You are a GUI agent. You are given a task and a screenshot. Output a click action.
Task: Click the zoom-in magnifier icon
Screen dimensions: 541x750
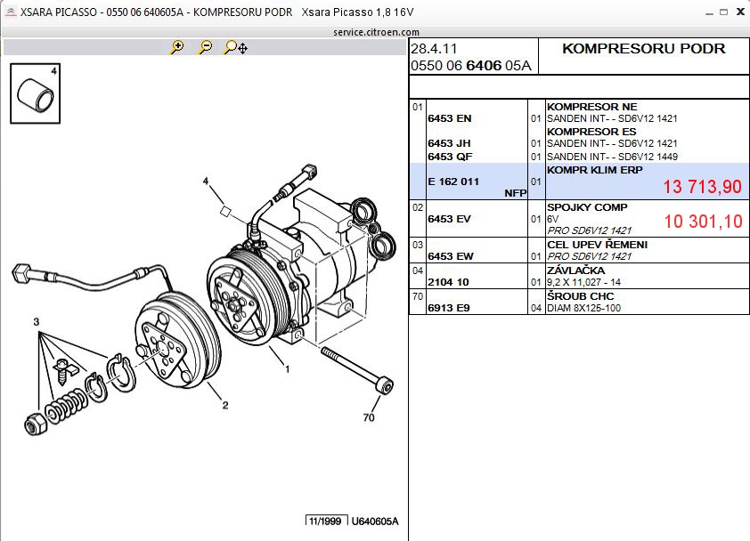(177, 47)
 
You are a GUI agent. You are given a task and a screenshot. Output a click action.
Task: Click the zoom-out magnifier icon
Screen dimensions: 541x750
(205, 47)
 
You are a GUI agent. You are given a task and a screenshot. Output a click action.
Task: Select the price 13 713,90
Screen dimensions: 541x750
(702, 186)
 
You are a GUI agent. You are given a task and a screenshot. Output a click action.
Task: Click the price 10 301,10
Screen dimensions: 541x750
(702, 222)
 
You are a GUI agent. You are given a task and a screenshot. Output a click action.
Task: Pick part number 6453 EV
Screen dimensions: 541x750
(449, 219)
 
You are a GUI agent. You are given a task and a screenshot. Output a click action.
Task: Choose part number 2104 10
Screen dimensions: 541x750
(449, 282)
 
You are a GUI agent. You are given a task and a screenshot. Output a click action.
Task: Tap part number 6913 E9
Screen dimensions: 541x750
(449, 308)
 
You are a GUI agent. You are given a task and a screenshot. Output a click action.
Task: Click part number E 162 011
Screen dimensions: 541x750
(453, 182)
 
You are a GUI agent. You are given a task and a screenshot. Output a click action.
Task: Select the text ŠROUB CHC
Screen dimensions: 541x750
(576, 296)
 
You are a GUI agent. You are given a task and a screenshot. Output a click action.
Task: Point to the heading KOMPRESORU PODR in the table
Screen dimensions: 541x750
(643, 49)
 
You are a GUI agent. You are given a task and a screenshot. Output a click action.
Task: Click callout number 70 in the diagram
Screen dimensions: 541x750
(369, 417)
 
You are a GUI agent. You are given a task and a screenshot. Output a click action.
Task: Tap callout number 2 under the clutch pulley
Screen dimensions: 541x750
(225, 406)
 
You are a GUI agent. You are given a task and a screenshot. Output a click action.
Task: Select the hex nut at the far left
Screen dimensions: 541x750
(34, 423)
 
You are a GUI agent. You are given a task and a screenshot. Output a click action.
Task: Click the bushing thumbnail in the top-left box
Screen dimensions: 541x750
(33, 95)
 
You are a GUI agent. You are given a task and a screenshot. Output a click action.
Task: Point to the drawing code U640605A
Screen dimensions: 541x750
(374, 521)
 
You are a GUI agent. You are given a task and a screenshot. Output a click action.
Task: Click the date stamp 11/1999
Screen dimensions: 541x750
(325, 521)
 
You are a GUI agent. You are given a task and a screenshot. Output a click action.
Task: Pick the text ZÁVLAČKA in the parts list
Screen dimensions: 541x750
(575, 270)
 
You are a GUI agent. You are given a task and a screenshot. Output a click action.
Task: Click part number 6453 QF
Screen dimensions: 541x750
(449, 157)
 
